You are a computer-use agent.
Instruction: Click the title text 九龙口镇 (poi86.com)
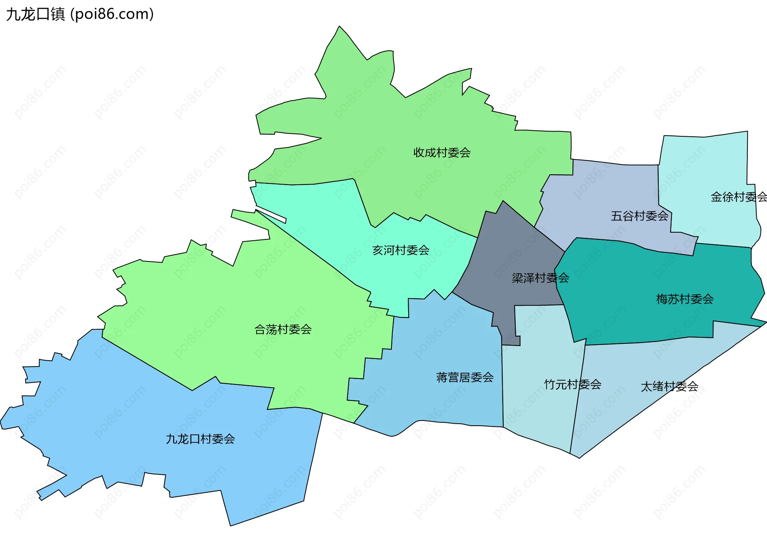click(80, 14)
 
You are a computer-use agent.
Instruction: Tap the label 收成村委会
click(442, 153)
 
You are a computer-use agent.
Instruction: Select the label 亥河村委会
click(401, 251)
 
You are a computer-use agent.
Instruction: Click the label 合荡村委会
click(283, 330)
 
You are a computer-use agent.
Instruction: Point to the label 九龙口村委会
click(200, 439)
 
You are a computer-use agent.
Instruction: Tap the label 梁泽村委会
click(540, 278)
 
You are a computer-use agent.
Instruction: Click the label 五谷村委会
click(639, 216)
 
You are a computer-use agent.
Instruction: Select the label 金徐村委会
click(738, 197)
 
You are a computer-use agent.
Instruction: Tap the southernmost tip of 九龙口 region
click(231, 524)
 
